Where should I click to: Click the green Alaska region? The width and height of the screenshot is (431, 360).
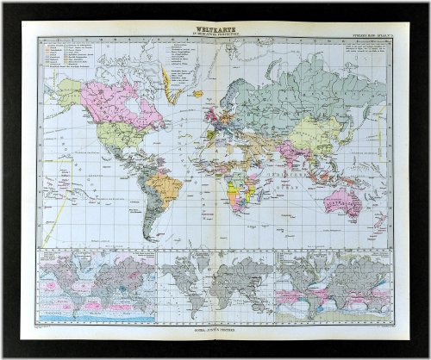71,89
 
